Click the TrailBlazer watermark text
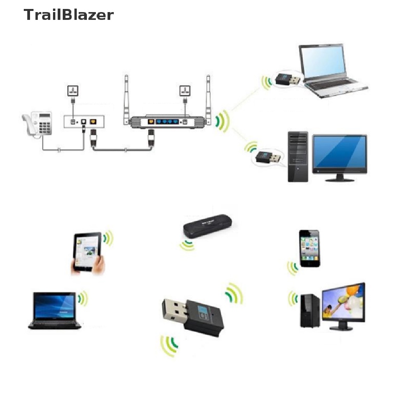pyautogui.click(x=69, y=15)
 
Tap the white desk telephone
pyautogui.click(x=38, y=124)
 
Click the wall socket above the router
pyautogui.click(x=184, y=91)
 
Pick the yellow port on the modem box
pyautogui.click(x=93, y=121)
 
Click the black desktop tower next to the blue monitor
pyautogui.click(x=297, y=157)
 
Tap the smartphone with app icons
pyautogui.click(x=309, y=248)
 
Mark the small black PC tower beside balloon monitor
pyautogui.click(x=310, y=310)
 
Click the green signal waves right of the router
pyautogui.click(x=223, y=121)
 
